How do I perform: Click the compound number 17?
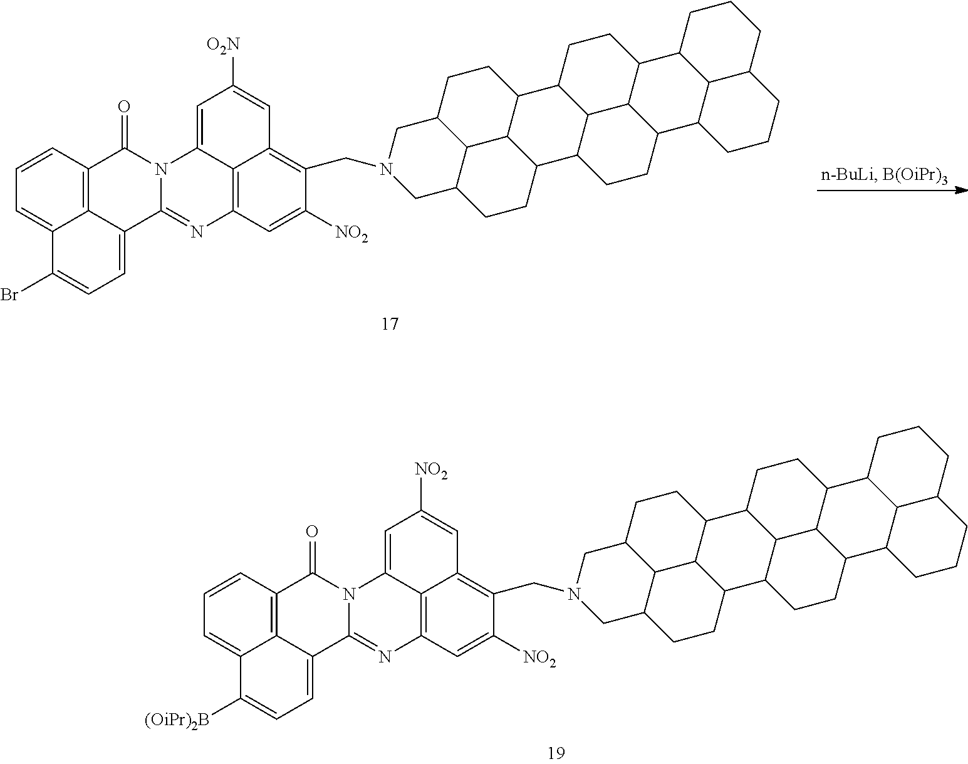coord(389,325)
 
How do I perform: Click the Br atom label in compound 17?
coord(10,295)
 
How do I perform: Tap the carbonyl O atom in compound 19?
coord(312,533)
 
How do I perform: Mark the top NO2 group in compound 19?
coord(432,470)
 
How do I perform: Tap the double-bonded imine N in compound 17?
coord(196,233)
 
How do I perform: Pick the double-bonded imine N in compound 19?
coord(384,657)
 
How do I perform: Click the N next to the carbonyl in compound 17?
coord(160,168)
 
